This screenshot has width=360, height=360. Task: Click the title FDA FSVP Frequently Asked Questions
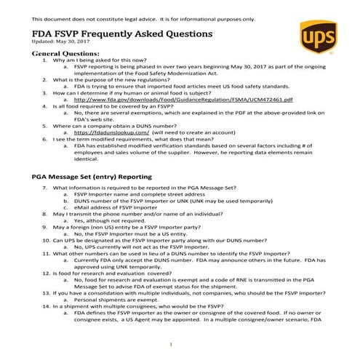click(x=123, y=33)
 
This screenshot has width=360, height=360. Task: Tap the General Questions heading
click(x=66, y=54)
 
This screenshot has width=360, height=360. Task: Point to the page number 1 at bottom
click(x=170, y=345)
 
